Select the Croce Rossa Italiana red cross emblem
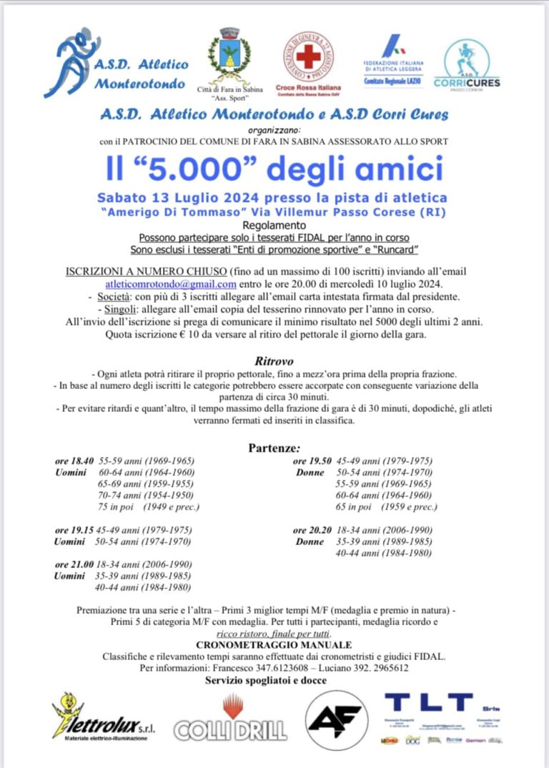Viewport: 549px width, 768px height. (309, 58)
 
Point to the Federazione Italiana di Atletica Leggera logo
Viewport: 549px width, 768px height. (393, 60)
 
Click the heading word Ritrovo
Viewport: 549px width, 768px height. (274, 362)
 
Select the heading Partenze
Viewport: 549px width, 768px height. (274, 448)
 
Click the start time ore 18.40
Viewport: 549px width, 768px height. (74, 461)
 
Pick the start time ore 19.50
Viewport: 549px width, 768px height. (312, 461)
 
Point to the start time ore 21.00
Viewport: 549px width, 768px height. (74, 564)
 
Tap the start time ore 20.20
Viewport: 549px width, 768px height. (312, 530)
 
